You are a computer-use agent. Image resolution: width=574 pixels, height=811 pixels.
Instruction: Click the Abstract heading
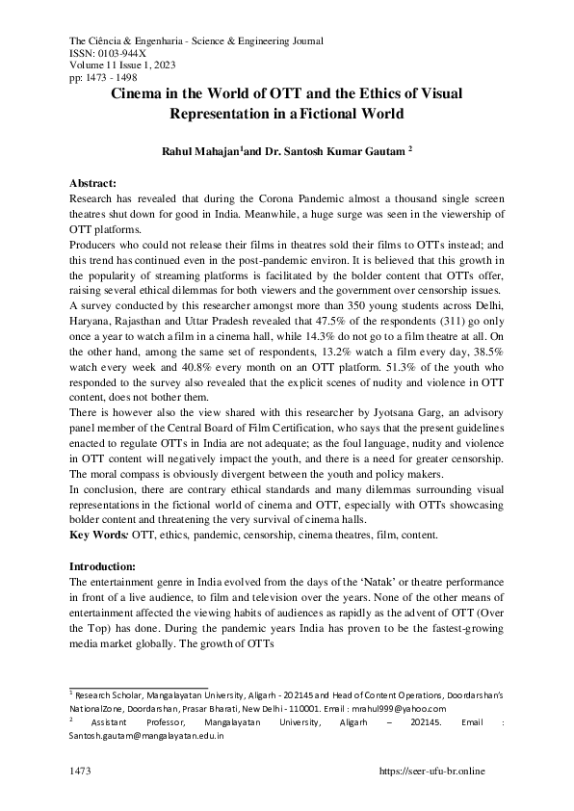pos(94,182)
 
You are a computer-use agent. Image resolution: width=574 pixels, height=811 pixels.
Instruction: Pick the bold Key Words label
pos(98,533)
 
